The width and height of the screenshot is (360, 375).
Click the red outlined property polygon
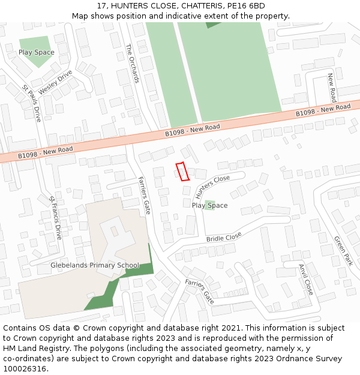(x=182, y=172)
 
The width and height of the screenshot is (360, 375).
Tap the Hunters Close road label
(x=213, y=186)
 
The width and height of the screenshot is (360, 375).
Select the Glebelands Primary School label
(x=95, y=265)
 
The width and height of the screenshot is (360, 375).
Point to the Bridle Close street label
(x=224, y=237)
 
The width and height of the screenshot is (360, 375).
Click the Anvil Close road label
(x=305, y=279)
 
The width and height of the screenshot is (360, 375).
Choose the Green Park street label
(x=343, y=251)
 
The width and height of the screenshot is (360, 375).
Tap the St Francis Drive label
(x=55, y=218)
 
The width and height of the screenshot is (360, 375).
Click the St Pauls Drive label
(x=31, y=104)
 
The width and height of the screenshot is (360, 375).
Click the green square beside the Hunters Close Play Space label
(x=209, y=205)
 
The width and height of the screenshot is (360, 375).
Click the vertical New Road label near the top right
(x=331, y=88)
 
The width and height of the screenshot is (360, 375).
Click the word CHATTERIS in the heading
(x=194, y=5)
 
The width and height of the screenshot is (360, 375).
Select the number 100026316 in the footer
(x=26, y=369)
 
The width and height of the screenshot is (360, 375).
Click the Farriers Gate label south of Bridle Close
(x=199, y=291)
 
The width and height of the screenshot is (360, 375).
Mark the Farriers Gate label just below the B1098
(x=144, y=196)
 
